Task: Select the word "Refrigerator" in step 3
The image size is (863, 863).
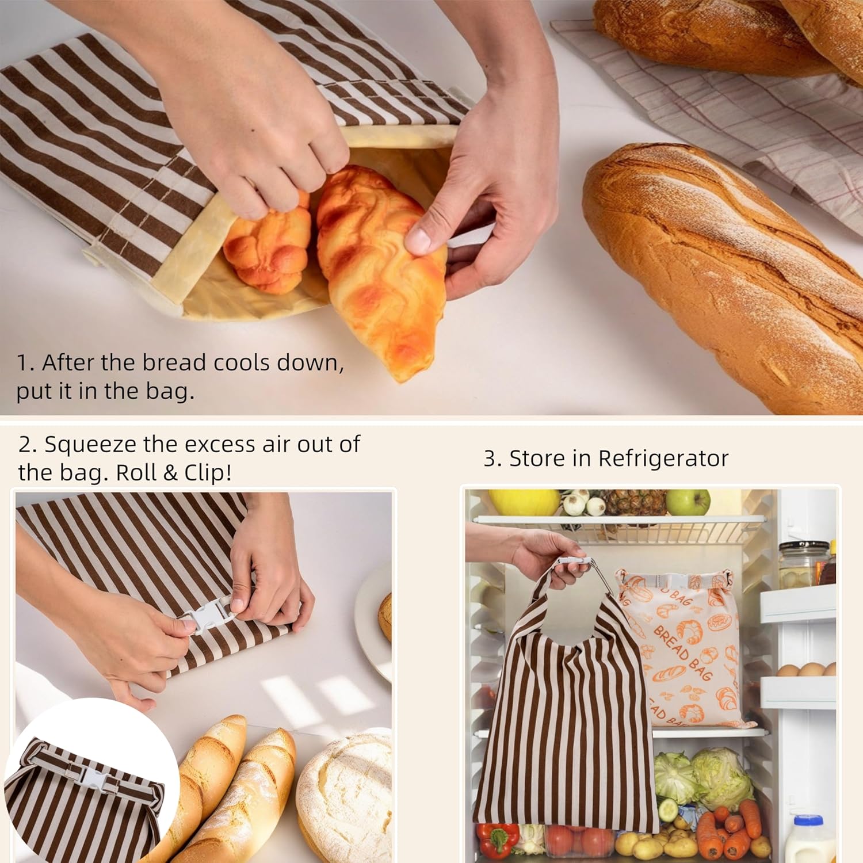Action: pyautogui.click(x=663, y=459)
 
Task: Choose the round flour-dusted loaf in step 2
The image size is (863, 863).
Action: pyautogui.click(x=345, y=797)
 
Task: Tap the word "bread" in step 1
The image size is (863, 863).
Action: pyautogui.click(x=174, y=362)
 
